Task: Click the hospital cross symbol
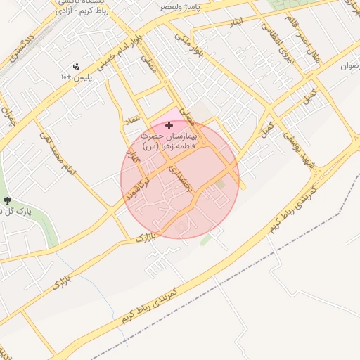click(169, 125)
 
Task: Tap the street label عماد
click(134, 122)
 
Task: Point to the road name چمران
click(8, 116)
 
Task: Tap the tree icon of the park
click(5, 200)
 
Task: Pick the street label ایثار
click(236, 22)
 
